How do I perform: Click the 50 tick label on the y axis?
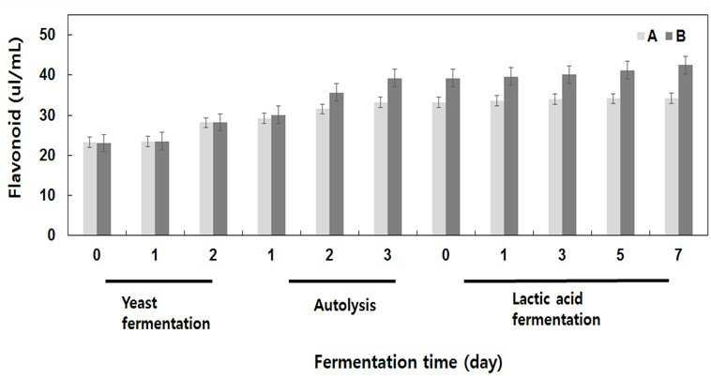(x=47, y=35)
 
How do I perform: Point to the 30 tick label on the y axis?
(x=47, y=115)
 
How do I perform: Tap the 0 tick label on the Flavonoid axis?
(x=51, y=235)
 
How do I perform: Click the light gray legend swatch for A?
(x=642, y=37)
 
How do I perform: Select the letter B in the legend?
(x=681, y=37)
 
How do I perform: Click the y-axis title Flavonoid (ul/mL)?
(x=15, y=118)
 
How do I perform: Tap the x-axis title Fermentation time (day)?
(x=408, y=363)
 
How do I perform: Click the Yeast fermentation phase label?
(x=166, y=313)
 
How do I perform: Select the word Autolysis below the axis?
(x=344, y=305)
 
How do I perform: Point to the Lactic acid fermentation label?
(x=556, y=310)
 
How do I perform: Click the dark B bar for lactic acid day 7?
(x=685, y=150)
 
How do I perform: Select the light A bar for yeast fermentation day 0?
(x=90, y=189)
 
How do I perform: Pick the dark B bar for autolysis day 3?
(x=394, y=157)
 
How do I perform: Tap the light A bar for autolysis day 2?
(x=323, y=172)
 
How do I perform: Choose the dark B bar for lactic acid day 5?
(x=628, y=153)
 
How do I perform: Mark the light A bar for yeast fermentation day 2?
(x=206, y=178)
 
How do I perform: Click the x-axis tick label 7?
(x=678, y=255)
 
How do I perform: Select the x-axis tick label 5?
(x=620, y=255)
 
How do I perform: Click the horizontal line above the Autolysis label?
(x=342, y=281)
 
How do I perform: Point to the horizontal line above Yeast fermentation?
(x=159, y=281)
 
